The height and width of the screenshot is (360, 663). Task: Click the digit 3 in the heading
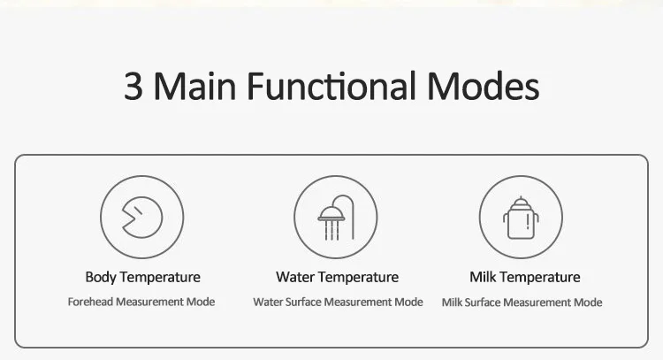(133, 86)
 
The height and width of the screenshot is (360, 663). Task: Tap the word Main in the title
(194, 86)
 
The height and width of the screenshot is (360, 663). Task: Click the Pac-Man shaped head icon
(142, 217)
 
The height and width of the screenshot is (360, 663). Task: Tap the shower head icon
(336, 218)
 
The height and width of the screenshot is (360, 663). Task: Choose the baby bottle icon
(521, 218)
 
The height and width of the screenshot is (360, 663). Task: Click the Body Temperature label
(143, 277)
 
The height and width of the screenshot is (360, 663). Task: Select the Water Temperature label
(338, 277)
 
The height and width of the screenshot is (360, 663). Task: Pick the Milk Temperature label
(525, 277)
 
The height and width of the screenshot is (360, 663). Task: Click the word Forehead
(90, 302)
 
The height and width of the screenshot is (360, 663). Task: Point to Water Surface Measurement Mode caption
(338, 302)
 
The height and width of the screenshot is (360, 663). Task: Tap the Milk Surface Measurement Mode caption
(522, 303)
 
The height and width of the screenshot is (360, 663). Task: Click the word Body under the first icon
(101, 278)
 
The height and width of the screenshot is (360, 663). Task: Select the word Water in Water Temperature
(295, 277)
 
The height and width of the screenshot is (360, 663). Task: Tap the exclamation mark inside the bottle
(528, 222)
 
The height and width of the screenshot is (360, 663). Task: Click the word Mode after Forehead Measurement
(201, 302)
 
